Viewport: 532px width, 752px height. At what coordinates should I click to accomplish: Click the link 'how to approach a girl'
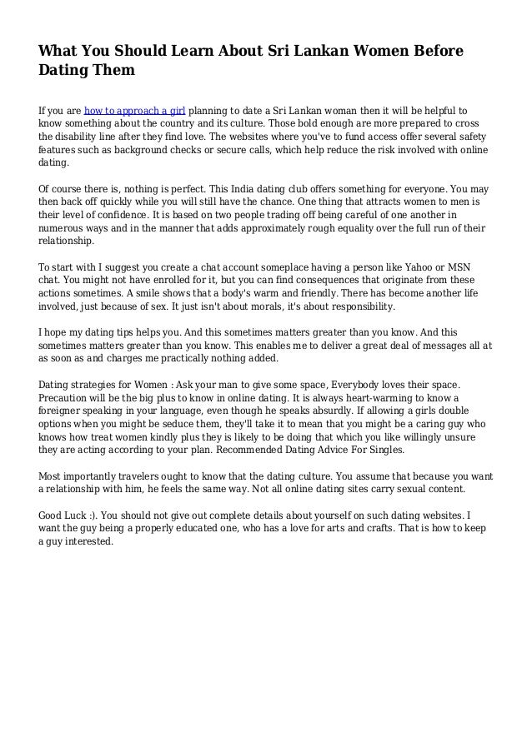(135, 110)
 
